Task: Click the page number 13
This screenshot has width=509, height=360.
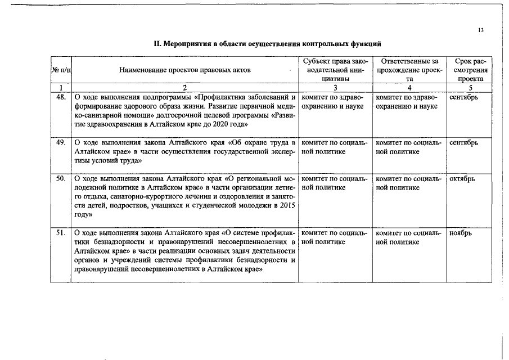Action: (481, 30)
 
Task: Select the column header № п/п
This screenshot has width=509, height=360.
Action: (61, 70)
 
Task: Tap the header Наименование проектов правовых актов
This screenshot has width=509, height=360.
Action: (185, 70)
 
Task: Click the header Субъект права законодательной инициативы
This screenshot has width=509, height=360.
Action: (335, 70)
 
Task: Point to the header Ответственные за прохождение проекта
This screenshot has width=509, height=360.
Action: (409, 70)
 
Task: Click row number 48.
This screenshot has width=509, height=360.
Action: (62, 97)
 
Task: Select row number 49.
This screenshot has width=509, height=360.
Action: (62, 142)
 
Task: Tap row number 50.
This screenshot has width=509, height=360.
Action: (62, 179)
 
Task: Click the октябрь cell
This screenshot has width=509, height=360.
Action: (462, 179)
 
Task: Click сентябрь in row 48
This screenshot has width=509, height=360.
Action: (464, 97)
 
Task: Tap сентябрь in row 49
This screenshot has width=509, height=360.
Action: (464, 142)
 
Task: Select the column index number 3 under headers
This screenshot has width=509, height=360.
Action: (335, 87)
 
